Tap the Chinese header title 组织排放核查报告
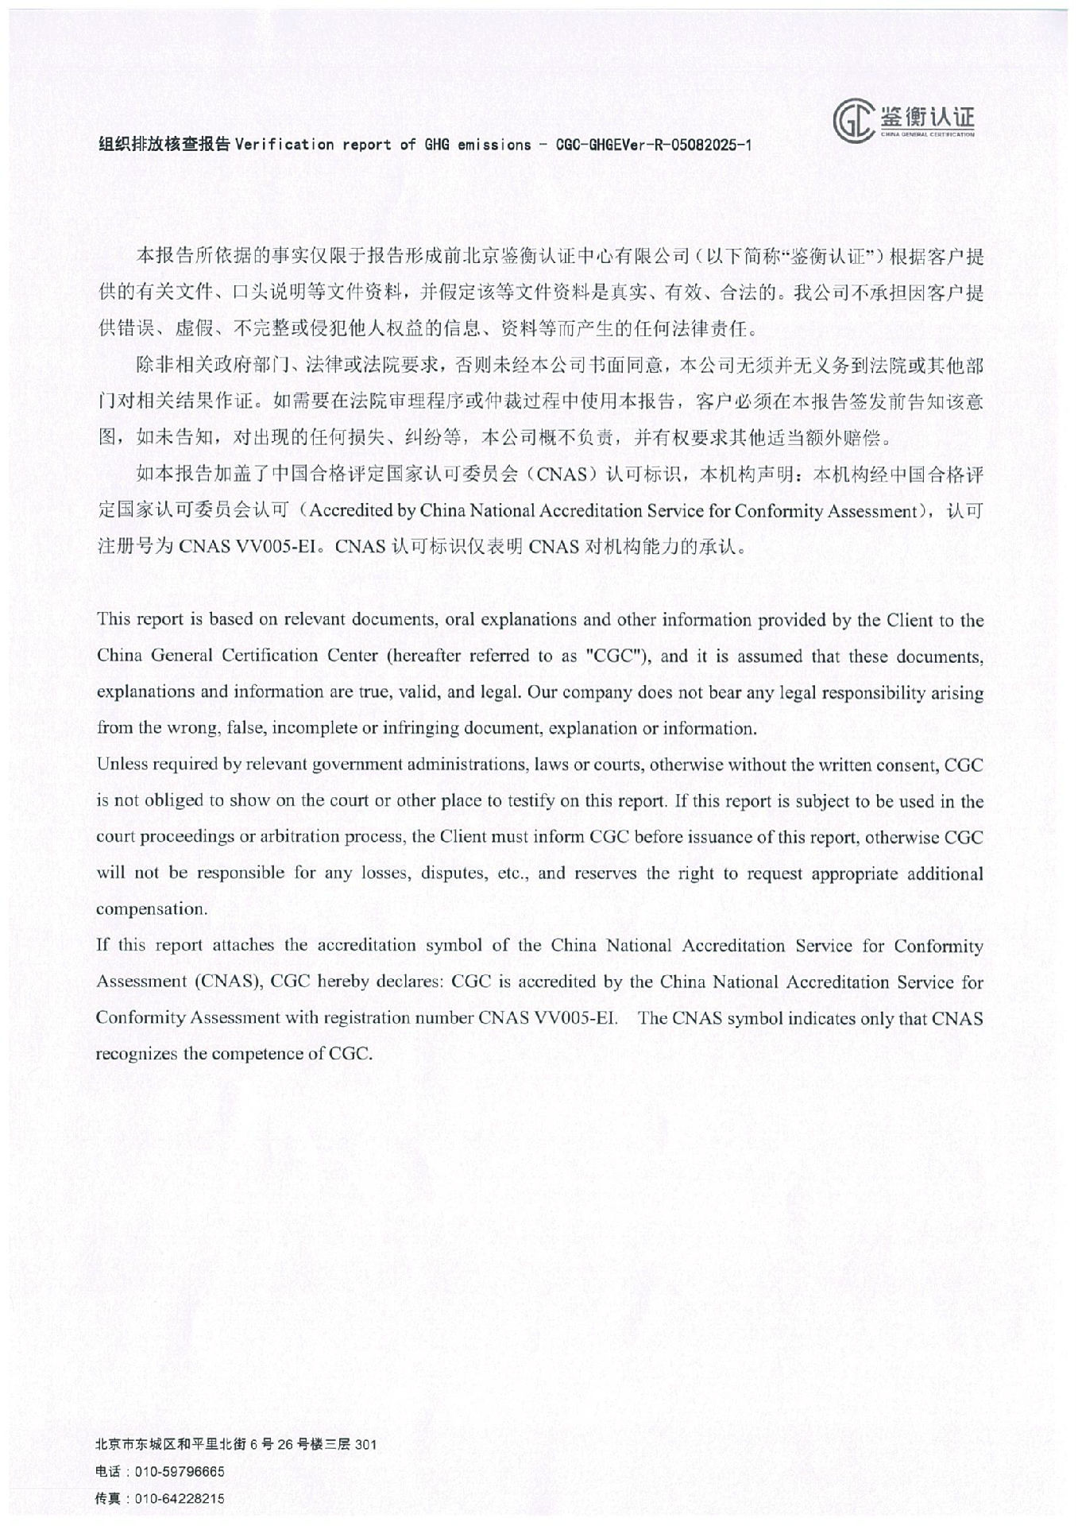click(x=164, y=145)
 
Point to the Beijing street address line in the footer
click(x=235, y=1444)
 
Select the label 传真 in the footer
click(x=108, y=1498)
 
